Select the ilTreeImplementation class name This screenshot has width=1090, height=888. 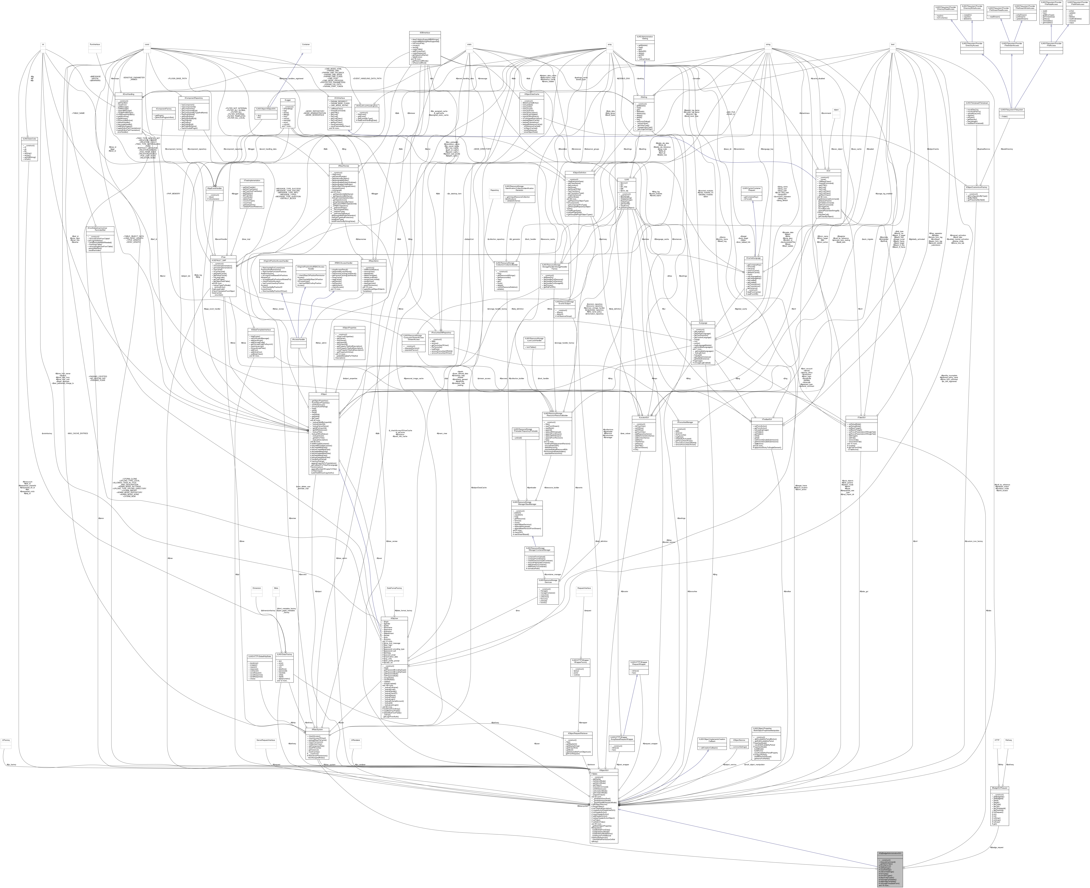click(252, 181)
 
